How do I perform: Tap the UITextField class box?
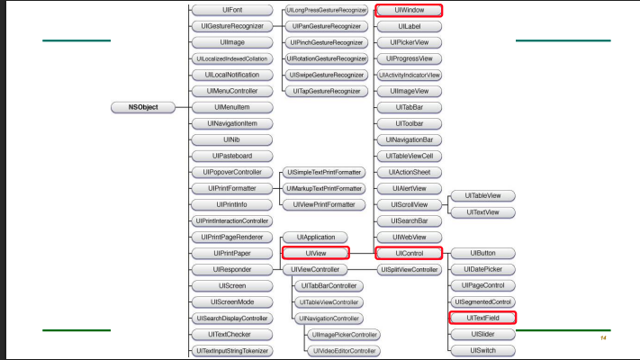482,318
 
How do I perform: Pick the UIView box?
315,254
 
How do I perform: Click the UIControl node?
409,254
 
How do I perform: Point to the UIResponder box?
232,269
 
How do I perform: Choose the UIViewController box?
315,269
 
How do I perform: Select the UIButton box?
482,254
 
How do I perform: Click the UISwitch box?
482,349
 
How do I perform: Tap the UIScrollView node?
408,205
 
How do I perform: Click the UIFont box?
232,10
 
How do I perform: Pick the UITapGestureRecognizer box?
326,91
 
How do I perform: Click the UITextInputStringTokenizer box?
232,350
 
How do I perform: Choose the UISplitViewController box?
408,270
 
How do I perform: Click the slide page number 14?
603,337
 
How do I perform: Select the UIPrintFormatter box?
232,189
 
